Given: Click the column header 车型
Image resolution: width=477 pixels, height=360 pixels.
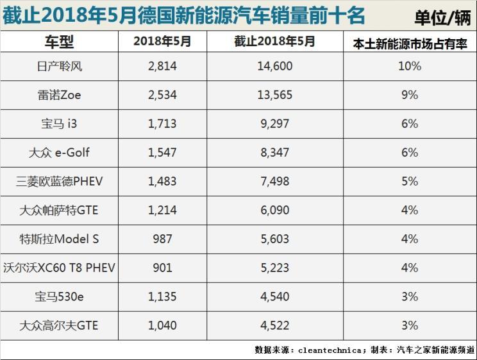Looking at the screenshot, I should [59, 43].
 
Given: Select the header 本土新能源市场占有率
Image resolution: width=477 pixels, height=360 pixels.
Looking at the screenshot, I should [410, 44].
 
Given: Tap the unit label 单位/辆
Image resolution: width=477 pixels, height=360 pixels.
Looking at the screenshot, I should [442, 17].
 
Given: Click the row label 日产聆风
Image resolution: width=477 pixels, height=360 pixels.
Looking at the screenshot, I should [59, 66].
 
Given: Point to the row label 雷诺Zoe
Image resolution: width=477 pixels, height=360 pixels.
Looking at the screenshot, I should [59, 95].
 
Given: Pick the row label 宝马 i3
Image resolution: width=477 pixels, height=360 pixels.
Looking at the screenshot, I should [59, 124].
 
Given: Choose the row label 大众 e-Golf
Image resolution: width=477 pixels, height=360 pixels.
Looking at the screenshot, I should [59, 153].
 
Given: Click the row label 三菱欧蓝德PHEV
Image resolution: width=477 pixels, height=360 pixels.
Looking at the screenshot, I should [59, 182].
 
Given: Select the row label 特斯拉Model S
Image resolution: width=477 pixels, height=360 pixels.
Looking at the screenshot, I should [59, 239].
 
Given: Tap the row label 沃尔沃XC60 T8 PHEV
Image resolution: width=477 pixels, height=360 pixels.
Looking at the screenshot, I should [59, 268].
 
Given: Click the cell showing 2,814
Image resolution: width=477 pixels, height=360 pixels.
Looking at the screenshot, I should [162, 66].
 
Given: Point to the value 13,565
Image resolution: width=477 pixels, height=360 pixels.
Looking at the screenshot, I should [274, 95].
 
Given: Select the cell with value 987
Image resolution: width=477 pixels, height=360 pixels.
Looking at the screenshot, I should [162, 239].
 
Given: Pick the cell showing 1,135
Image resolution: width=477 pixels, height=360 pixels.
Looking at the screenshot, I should [162, 297].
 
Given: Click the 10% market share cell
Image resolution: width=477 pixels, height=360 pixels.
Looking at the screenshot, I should [410, 66].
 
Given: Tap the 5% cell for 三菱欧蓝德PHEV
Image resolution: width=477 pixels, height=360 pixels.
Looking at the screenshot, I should [410, 182].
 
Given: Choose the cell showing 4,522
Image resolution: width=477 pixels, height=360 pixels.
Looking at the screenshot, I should [274, 326].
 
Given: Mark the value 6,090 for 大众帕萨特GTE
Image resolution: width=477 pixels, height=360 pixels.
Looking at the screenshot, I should [274, 210].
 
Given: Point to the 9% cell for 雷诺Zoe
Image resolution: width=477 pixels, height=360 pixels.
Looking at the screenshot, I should [410, 95].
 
